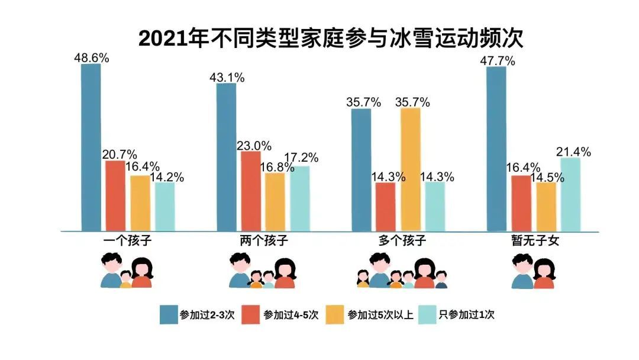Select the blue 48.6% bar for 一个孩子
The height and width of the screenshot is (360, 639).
pyautogui.click(x=91, y=147)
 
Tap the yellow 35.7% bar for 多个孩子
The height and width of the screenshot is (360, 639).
pyautogui.click(x=411, y=169)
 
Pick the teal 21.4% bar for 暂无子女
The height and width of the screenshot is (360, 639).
pyautogui.click(x=570, y=194)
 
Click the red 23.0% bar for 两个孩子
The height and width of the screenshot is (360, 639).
pyautogui.click(x=251, y=191)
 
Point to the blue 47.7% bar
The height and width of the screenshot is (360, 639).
pyautogui.click(x=496, y=149)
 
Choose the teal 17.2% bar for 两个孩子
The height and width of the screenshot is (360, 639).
pyautogui.click(x=299, y=198)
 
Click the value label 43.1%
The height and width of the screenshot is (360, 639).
pyautogui.click(x=228, y=78)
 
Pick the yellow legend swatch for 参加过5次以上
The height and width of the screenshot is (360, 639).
pyautogui.click(x=336, y=314)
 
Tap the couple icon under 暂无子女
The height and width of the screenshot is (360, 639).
pyautogui.click(x=534, y=271)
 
